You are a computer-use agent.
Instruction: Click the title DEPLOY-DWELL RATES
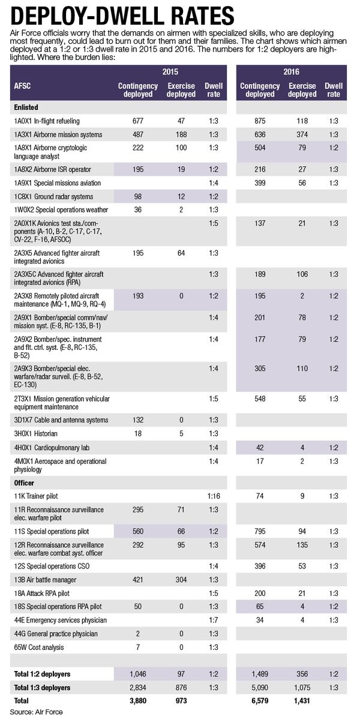(120, 14)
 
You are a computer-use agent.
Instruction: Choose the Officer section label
(24, 483)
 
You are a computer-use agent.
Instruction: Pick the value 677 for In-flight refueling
(138, 120)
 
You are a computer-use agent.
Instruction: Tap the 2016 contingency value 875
(260, 120)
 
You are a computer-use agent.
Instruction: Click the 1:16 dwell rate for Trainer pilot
(214, 496)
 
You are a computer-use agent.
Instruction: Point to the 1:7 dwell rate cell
(214, 619)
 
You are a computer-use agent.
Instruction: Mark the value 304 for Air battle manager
(181, 579)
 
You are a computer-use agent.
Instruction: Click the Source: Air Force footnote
(37, 712)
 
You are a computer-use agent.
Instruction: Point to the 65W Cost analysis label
(39, 647)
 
